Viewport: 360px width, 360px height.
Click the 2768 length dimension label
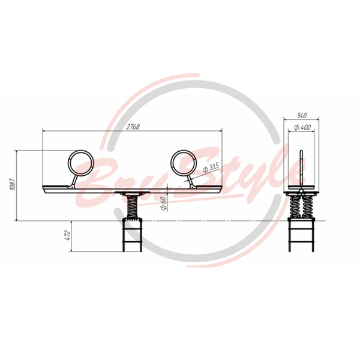[133, 127]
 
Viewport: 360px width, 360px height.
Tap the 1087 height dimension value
[13, 184]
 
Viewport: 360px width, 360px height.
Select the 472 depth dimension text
[68, 235]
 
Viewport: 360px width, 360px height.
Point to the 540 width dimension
[302, 115]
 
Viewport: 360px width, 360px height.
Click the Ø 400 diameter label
[302, 127]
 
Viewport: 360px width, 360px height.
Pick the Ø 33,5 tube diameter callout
[211, 167]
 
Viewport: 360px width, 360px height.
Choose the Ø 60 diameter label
[163, 203]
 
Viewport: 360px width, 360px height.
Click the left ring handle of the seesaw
[81, 163]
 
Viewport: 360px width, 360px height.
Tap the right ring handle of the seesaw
[184, 163]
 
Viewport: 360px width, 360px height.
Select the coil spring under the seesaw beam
[132, 207]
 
